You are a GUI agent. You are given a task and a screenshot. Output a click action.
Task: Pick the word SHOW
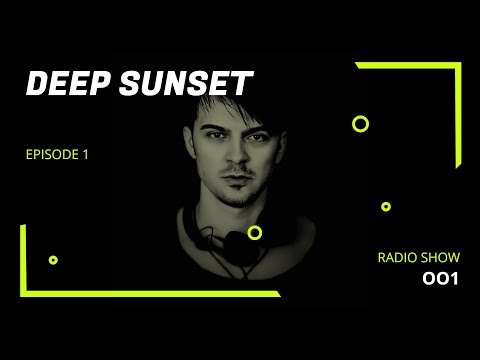click(x=440, y=258)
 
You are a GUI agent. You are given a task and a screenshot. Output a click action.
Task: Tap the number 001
click(x=440, y=279)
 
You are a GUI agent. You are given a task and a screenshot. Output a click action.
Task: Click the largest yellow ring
click(x=361, y=124)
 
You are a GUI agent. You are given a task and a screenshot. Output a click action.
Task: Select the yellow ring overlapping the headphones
click(x=255, y=233)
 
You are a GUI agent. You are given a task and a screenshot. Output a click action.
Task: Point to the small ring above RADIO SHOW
click(x=386, y=207)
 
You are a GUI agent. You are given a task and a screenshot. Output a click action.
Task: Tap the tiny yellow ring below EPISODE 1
click(x=53, y=260)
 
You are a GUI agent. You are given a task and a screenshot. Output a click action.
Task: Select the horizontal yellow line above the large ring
click(x=405, y=65)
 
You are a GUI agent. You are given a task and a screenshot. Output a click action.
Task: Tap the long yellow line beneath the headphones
click(x=150, y=293)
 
